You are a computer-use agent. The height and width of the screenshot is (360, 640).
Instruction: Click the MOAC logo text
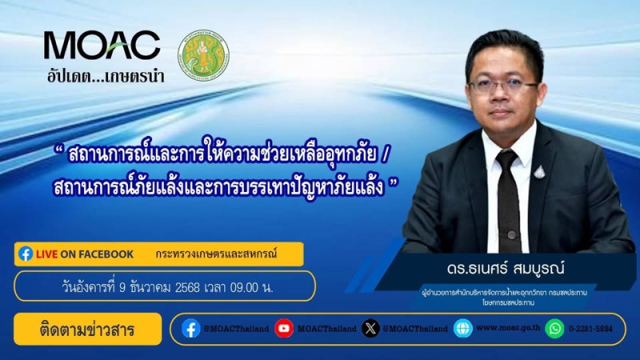(x=102, y=46)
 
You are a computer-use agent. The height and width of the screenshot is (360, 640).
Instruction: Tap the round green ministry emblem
(x=203, y=57)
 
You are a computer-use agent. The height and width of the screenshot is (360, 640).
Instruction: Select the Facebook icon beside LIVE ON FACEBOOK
(x=26, y=254)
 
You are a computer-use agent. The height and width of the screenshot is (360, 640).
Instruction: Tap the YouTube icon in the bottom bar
(x=284, y=329)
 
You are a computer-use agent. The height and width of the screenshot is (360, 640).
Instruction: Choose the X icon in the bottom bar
(x=370, y=329)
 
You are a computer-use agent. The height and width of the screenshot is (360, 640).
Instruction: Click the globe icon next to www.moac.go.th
(x=462, y=329)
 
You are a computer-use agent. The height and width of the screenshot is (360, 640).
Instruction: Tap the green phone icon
(x=554, y=329)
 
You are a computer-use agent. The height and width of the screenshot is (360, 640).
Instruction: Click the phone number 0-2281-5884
(x=594, y=329)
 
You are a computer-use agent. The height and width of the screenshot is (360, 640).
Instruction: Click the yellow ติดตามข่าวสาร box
(x=87, y=329)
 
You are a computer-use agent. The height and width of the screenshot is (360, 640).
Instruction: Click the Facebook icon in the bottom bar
(x=190, y=329)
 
